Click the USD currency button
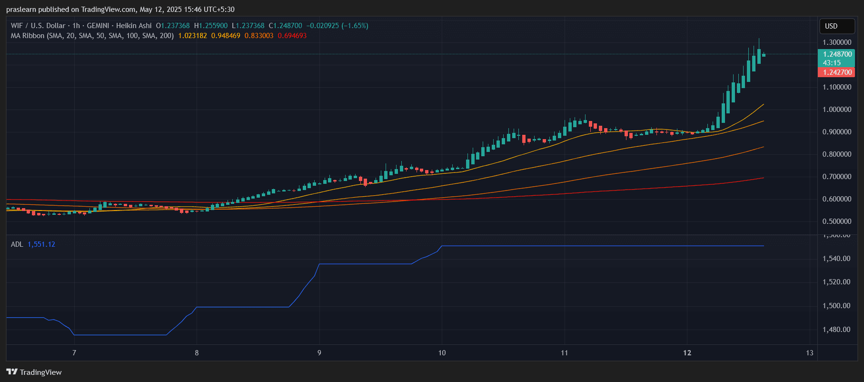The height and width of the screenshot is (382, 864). tap(831, 26)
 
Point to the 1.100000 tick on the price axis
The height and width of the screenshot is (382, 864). tap(837, 87)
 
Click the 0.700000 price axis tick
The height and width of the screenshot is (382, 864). tap(837, 177)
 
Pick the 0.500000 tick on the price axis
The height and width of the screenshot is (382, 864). tap(837, 221)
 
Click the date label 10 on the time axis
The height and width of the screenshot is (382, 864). tap(442, 353)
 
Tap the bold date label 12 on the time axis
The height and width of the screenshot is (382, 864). tap(687, 353)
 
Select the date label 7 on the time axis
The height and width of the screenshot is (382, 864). tap(74, 353)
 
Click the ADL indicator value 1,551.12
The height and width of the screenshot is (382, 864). tap(41, 244)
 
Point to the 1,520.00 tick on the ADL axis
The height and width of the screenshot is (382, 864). tap(836, 282)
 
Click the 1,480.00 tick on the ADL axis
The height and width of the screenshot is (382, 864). tap(836, 330)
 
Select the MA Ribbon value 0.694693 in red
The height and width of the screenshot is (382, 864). tap(292, 36)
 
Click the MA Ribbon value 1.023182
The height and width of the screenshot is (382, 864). tap(192, 36)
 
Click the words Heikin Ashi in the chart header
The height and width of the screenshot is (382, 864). tap(134, 26)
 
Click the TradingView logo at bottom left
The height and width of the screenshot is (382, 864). tap(34, 372)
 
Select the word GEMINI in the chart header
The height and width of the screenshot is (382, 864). tap(98, 26)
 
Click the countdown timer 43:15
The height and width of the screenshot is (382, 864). tap(832, 63)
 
